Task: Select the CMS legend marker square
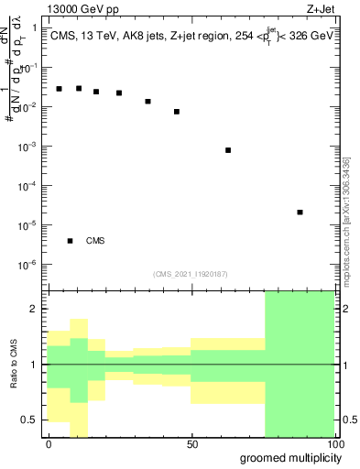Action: [70, 241]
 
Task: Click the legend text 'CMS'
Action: [95, 241]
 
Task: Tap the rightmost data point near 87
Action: [300, 213]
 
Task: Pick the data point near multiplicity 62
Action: [228, 150]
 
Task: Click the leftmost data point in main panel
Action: [59, 89]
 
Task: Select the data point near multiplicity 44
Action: [177, 112]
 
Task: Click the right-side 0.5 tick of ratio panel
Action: [348, 420]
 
